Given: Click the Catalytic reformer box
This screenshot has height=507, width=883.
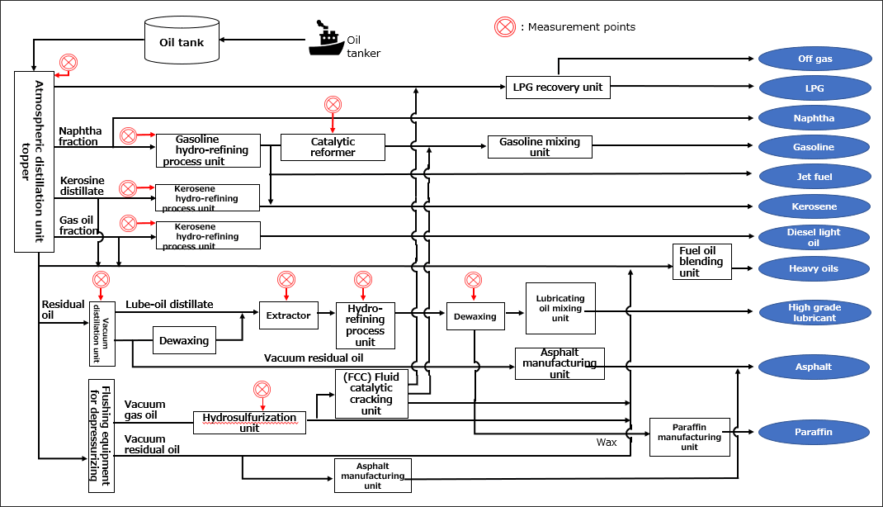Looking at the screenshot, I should click(x=333, y=147).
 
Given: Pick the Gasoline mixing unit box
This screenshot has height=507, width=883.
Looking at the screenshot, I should click(x=540, y=147).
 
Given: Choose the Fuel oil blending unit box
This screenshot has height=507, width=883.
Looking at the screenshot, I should click(x=701, y=262).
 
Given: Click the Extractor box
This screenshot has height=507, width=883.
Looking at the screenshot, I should click(x=289, y=315).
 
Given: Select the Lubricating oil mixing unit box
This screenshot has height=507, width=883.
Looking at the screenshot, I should click(x=560, y=308).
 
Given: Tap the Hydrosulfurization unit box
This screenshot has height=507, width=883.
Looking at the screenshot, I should click(x=249, y=423).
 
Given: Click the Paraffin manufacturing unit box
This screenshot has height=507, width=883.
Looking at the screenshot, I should click(x=689, y=436).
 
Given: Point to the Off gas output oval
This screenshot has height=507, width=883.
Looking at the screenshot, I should click(x=815, y=59).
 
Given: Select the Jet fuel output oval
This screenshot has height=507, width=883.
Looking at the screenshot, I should click(x=814, y=177).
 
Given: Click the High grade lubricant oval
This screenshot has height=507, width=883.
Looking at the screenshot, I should click(x=815, y=313).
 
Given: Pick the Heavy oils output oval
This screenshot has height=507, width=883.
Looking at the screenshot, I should click(x=814, y=268).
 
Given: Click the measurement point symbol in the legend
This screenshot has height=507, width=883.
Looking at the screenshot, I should click(x=504, y=26).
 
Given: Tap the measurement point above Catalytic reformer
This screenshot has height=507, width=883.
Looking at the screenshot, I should click(x=333, y=105).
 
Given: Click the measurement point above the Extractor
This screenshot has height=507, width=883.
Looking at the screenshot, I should click(x=286, y=280).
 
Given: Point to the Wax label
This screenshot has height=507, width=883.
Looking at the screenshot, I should click(x=607, y=443).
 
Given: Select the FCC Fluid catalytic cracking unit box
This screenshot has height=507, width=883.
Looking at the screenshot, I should click(x=371, y=394).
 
